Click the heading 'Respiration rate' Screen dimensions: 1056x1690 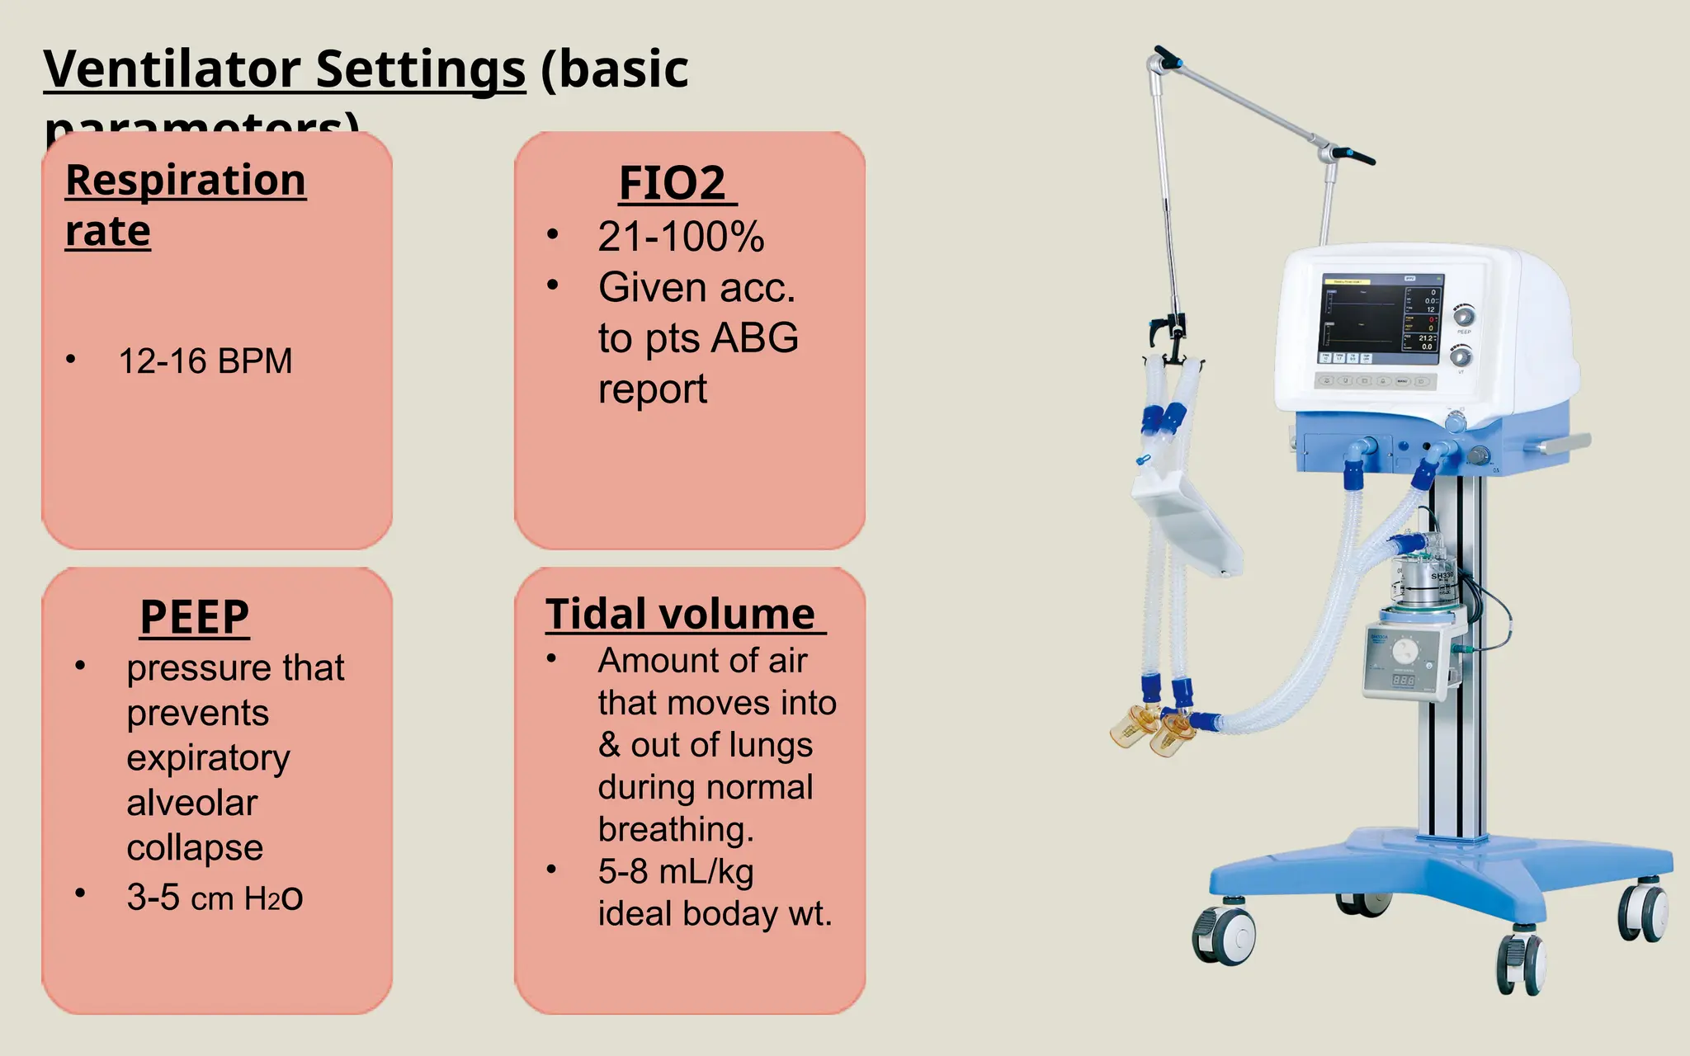(x=185, y=204)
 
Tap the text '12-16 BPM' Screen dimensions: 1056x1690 (x=205, y=361)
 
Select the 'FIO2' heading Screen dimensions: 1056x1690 (x=672, y=182)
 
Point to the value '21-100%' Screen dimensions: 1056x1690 (x=681, y=237)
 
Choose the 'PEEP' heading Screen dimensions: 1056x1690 (x=194, y=616)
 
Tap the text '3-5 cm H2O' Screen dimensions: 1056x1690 (x=215, y=898)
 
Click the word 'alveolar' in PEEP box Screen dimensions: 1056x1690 (x=191, y=803)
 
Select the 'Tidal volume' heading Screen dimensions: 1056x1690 (x=681, y=614)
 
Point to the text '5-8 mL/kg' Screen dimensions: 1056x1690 (x=676, y=872)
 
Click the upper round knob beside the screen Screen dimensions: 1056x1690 (x=1463, y=316)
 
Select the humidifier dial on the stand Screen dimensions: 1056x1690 (x=1404, y=653)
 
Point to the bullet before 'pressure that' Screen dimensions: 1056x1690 (x=80, y=667)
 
